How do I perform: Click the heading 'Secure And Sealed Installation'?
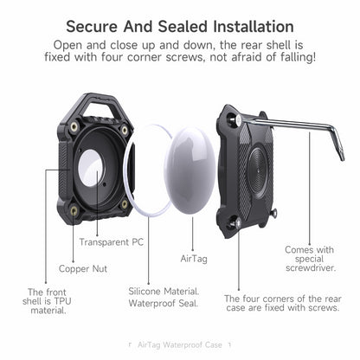coord(179,27)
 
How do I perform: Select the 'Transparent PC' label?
coord(112,242)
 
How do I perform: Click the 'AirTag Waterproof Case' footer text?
coord(179,344)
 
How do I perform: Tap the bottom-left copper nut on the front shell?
coord(74,209)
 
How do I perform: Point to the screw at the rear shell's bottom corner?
coord(237,224)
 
